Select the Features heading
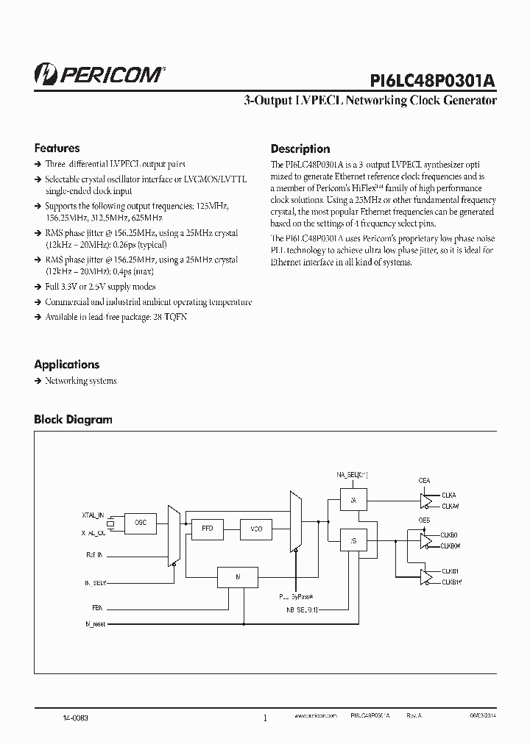[x=57, y=148]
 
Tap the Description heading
[x=300, y=149]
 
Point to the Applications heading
[x=66, y=364]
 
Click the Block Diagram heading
[x=73, y=419]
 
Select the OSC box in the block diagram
[x=140, y=521]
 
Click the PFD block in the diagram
[x=208, y=529]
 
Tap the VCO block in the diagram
[x=256, y=529]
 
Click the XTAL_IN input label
[x=93, y=515]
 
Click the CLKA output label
[x=450, y=495]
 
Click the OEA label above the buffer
[x=424, y=480]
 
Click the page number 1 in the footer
[x=265, y=718]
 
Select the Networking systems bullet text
[x=81, y=381]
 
